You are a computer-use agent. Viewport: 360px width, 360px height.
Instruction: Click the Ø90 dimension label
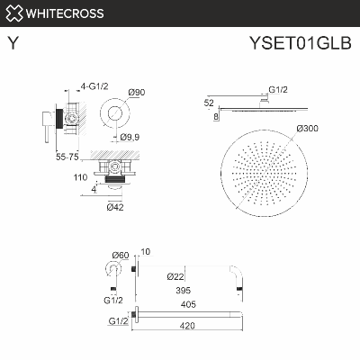137,93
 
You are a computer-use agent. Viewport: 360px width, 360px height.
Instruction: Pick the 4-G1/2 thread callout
94,87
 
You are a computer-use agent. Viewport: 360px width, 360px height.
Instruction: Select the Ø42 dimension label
114,208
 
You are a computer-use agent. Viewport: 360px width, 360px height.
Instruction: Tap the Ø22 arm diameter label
175,276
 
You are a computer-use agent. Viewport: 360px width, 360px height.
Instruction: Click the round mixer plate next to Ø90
112,114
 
